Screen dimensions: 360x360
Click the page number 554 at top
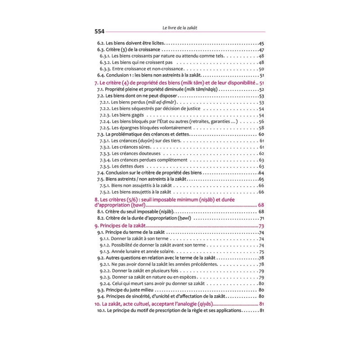coord(99,31)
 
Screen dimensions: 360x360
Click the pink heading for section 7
coord(175,84)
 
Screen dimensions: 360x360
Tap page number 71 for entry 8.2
coord(261,218)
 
